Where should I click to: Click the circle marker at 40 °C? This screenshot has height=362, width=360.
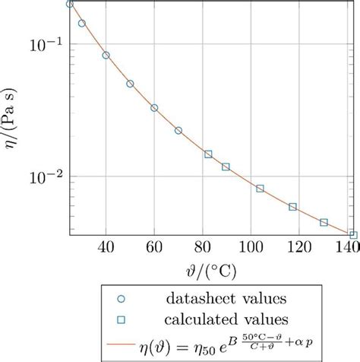[x=106, y=56]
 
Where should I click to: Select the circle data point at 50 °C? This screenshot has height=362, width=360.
[x=130, y=84]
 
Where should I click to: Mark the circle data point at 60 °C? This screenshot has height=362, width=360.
[x=154, y=108]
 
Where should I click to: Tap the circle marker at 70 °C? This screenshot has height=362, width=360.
[x=178, y=131]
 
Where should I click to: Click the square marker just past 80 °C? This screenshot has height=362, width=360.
[x=208, y=154]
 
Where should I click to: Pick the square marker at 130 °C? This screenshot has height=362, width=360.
[x=324, y=223]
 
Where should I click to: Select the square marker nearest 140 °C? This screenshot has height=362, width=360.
[x=352, y=235]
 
